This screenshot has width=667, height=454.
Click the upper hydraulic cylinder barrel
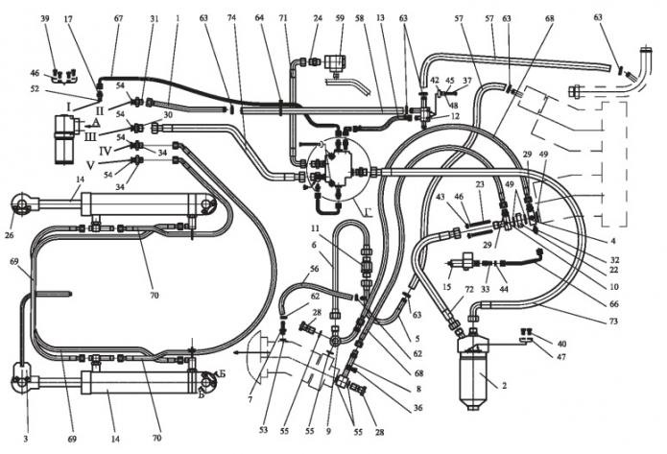[139, 204]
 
